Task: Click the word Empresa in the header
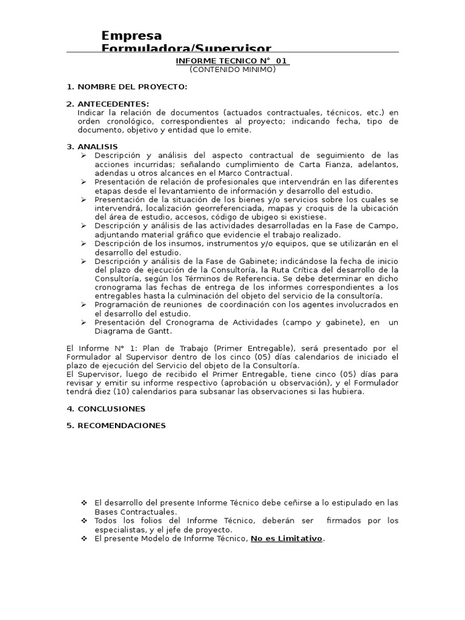(131, 36)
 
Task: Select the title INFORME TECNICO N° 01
(232, 61)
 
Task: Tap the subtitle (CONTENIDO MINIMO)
(232, 69)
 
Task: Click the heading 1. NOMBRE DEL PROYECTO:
(127, 87)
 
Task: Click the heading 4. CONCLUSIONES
(106, 409)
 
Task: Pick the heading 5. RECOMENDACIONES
(116, 426)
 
